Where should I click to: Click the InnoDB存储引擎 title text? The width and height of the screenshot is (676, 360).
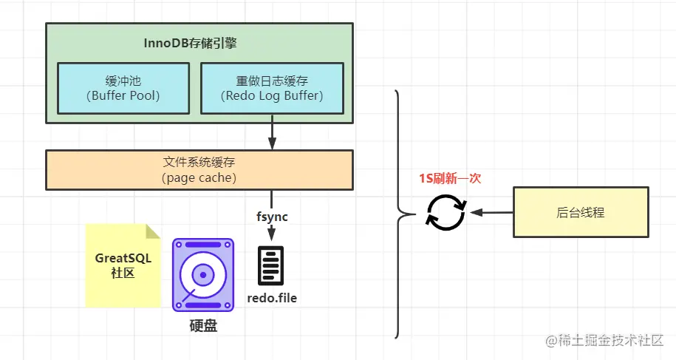(x=190, y=43)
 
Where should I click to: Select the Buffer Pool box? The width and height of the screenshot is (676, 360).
(x=123, y=88)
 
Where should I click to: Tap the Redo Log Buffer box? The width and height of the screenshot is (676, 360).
(x=273, y=88)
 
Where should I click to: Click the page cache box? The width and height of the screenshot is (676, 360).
(x=199, y=169)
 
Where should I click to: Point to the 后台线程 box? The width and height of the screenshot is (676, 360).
(x=581, y=212)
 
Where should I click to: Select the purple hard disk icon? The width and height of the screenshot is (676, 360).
(x=202, y=274)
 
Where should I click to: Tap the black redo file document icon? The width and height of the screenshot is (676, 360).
(x=271, y=265)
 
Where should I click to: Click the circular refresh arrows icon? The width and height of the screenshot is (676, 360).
(x=445, y=212)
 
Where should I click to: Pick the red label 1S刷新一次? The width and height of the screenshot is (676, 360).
(x=450, y=178)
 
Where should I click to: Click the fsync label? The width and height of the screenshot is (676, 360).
(x=272, y=217)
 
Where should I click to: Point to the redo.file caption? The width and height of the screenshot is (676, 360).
(x=271, y=299)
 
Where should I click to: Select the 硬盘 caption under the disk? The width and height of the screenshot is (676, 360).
(x=203, y=326)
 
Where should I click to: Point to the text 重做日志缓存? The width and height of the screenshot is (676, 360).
(x=273, y=80)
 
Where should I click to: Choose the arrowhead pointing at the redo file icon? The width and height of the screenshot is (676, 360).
(x=272, y=234)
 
